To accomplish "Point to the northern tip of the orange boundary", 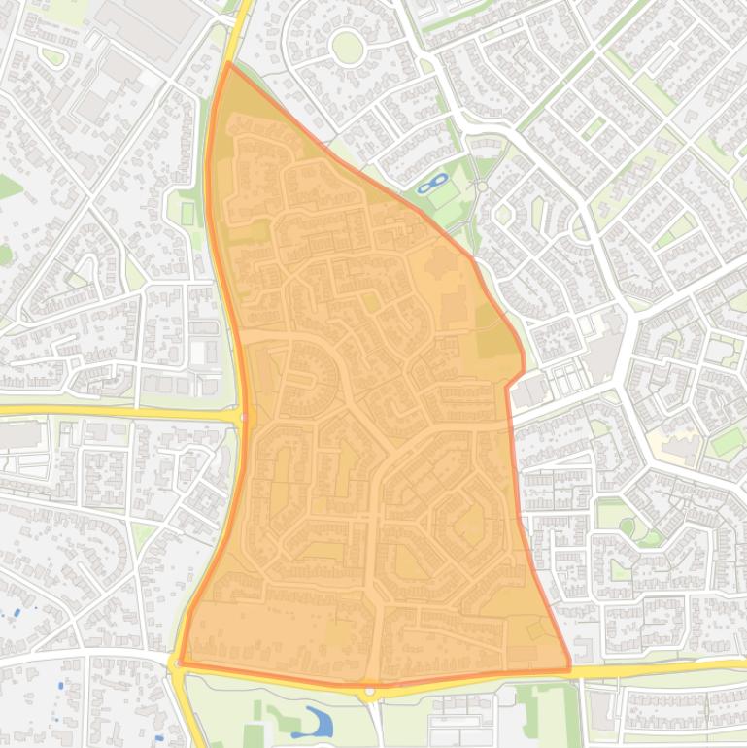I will click(227, 63).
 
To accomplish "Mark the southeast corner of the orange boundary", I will click(569, 668).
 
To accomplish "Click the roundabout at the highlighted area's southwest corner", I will click(177, 664).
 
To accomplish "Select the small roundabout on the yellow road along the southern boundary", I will click(370, 691).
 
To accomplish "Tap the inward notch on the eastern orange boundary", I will click(508, 386).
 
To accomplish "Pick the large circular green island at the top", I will click(347, 46).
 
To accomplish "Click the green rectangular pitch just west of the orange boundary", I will click(187, 213).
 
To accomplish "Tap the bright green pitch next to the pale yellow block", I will click(726, 442).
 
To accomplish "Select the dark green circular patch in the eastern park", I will click(627, 527).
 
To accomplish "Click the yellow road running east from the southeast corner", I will click(661, 667).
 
